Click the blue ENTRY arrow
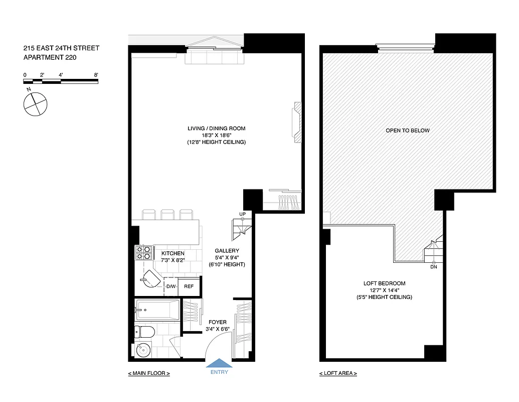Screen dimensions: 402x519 (x=219, y=364)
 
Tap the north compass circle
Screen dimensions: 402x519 (x=35, y=105)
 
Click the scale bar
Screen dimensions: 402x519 (x=60, y=80)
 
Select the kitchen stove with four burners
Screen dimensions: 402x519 (x=143, y=252)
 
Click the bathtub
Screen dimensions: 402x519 (x=157, y=310)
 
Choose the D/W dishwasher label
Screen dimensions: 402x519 (x=171, y=286)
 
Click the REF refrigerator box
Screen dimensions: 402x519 (x=189, y=286)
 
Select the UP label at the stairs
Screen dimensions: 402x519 (x=242, y=215)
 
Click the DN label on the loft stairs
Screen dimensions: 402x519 (x=433, y=267)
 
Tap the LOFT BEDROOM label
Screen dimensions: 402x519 (x=384, y=283)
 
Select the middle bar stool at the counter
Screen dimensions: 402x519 (x=167, y=215)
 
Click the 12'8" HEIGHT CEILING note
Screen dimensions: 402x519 (x=216, y=143)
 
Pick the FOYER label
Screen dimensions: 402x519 (x=217, y=322)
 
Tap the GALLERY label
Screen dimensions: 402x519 (x=227, y=250)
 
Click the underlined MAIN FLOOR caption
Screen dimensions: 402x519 (x=149, y=373)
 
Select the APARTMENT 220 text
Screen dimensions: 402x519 (x=50, y=57)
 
